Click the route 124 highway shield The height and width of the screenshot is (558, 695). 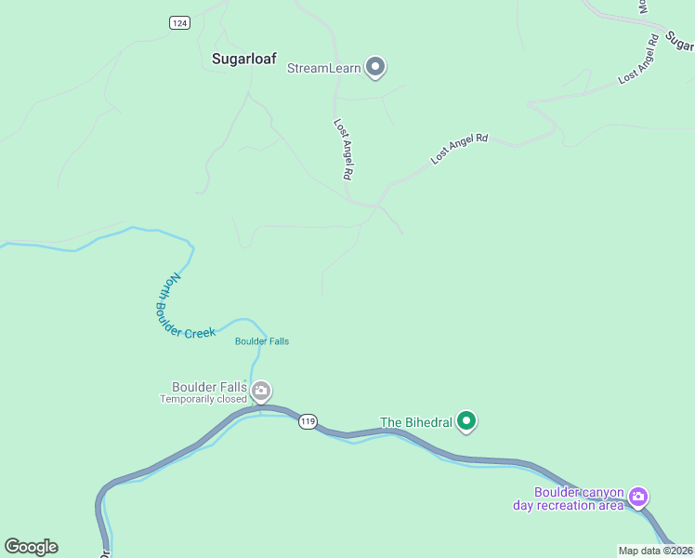pos(180,22)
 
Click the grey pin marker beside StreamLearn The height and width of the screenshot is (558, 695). pos(375,67)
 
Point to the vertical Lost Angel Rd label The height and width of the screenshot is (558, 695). pos(344,149)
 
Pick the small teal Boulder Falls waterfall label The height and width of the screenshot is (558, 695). pos(262,341)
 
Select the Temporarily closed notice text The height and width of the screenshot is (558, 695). pos(203,400)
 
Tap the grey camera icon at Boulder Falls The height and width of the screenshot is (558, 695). pos(261,390)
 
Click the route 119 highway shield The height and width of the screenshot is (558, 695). pos(308,422)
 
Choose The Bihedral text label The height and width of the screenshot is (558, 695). pos(416,422)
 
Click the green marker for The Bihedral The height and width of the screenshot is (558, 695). pos(467,422)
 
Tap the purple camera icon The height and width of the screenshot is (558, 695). pos(638,497)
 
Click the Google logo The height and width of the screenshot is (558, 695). pos(31,547)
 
